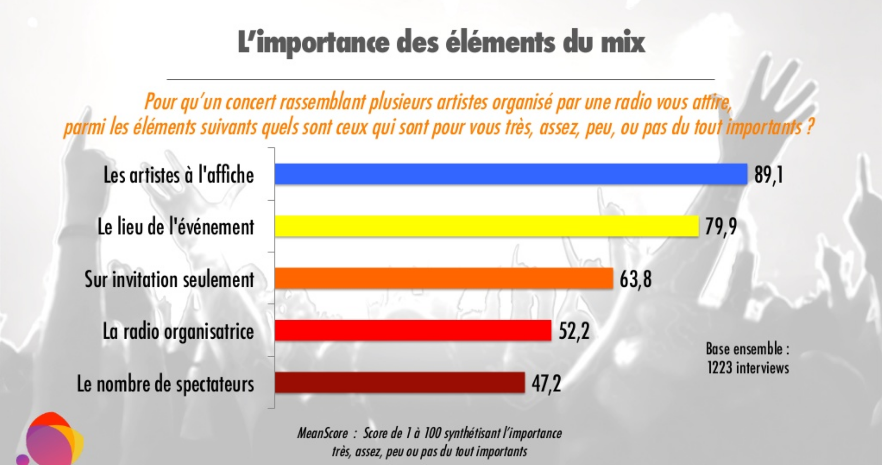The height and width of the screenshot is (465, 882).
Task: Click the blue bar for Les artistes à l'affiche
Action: point(511,174)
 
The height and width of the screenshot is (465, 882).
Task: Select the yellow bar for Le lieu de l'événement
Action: point(487,226)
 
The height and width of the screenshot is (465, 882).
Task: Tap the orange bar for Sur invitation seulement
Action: point(444,278)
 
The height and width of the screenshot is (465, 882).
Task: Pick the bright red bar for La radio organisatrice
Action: point(413,330)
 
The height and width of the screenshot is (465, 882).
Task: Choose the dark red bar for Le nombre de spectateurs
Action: point(400,382)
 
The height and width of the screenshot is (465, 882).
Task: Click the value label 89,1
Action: point(768,175)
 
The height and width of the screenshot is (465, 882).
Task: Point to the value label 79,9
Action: point(721,227)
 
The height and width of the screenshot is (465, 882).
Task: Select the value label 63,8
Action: point(636,279)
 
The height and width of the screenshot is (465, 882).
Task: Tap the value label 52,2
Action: point(574,331)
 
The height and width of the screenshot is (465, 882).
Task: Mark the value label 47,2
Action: point(546,383)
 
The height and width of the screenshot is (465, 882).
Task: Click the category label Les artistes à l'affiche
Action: point(179,175)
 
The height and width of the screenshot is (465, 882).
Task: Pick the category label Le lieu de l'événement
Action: point(176,227)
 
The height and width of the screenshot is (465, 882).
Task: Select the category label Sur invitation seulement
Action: point(169,279)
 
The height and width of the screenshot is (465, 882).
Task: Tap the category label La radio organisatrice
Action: point(178,331)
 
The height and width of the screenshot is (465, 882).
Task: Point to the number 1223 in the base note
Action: point(720,368)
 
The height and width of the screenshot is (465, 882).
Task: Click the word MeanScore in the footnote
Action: point(322,433)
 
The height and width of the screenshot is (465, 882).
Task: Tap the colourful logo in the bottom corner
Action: point(52,440)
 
